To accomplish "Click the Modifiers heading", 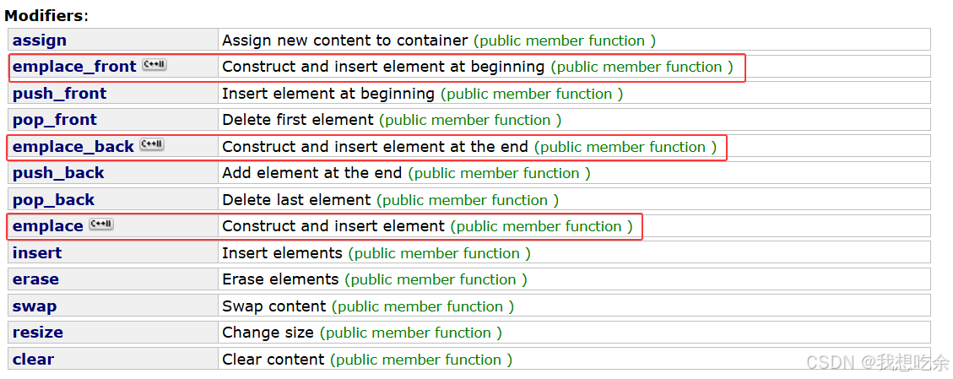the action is pos(46,14).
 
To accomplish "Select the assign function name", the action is pos(40,41).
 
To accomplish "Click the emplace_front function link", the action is pos(74,67).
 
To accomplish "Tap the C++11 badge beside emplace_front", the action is pos(154,65).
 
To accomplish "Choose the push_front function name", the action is pos(60,94).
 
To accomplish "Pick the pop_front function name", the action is pos(55,120).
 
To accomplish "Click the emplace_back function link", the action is pos(73,147).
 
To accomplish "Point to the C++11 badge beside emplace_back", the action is pos(152,145).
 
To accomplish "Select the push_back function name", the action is pos(58,173).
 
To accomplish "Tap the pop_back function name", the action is pos(54,200).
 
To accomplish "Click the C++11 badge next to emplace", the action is pos(101,225).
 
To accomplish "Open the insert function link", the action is pos(37,253).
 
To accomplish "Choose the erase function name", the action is pos(35,279).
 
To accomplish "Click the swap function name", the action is pos(35,306).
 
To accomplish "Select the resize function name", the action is pos(38,333).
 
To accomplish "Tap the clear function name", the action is pos(33,360).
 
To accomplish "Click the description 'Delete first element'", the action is pos(298,120).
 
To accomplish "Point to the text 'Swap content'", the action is pos(274,306).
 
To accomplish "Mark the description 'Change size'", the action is pos(268,333).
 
